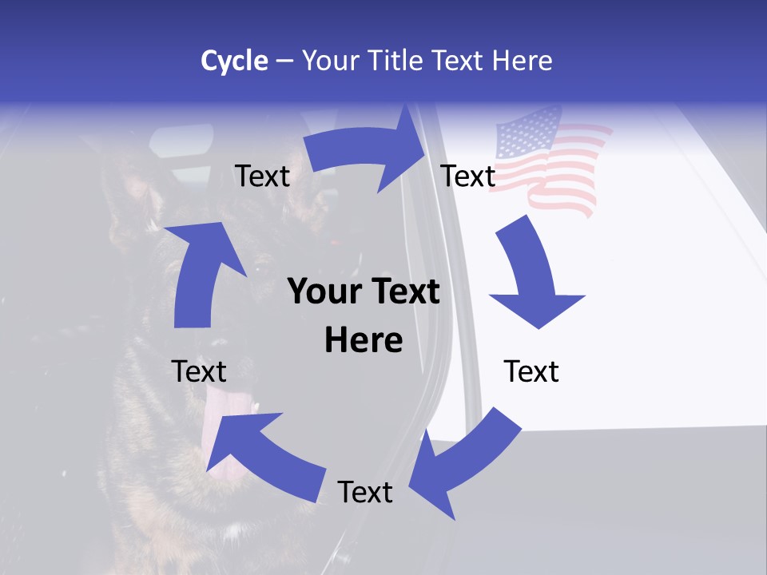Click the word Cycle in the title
(234, 61)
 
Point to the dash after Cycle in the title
(284, 61)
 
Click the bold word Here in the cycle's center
(364, 341)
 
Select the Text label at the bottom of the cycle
(365, 492)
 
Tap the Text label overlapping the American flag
(468, 176)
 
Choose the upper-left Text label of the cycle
(262, 176)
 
